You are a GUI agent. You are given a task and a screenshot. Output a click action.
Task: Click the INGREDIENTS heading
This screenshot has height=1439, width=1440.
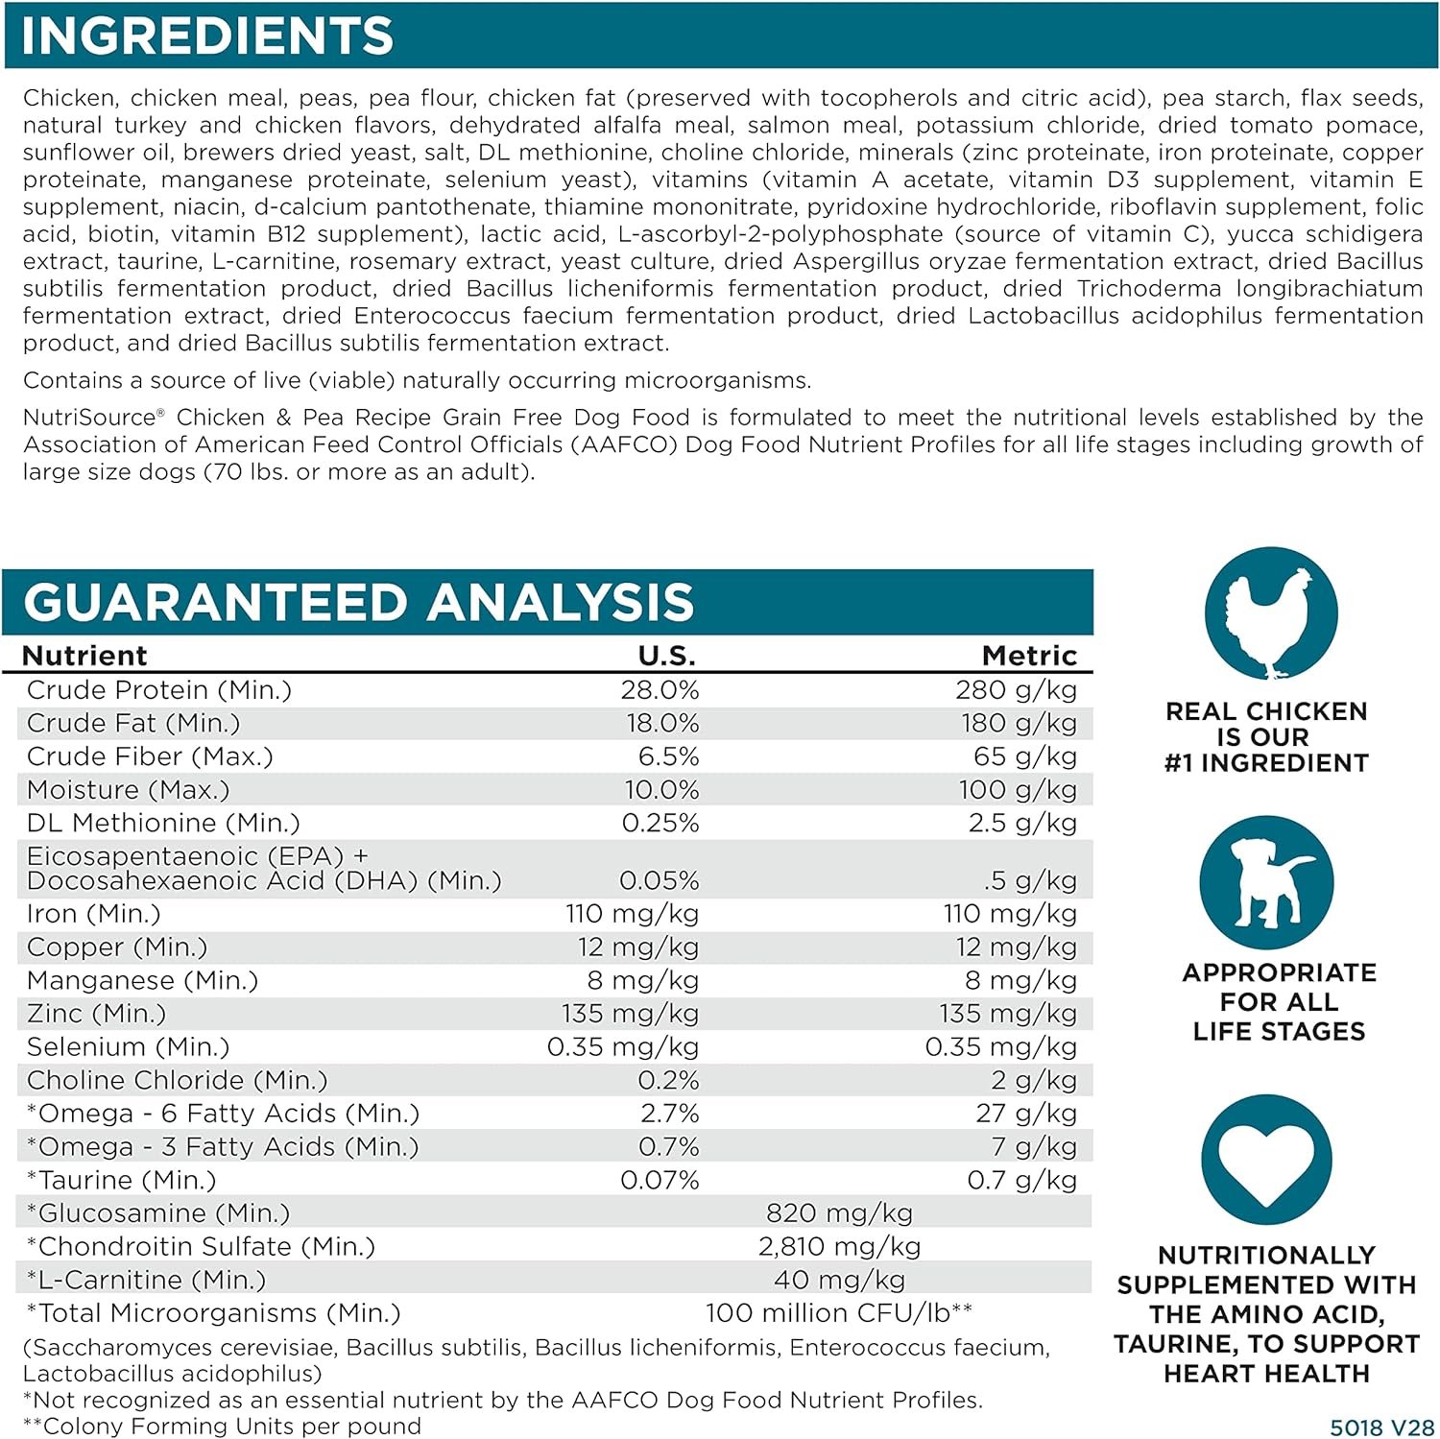(x=207, y=36)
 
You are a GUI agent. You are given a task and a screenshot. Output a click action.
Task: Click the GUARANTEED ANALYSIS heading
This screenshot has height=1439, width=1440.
(x=358, y=603)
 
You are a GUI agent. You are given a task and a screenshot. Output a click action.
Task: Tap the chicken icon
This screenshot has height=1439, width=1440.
(x=1271, y=613)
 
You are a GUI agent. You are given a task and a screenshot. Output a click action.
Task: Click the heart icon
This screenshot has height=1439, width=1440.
(x=1267, y=1160)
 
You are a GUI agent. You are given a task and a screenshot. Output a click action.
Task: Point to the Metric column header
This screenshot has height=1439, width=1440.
(x=1029, y=656)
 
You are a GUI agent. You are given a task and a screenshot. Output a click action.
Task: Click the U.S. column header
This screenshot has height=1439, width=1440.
(x=667, y=656)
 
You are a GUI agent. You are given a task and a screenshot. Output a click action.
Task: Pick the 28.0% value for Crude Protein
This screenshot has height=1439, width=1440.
(x=660, y=690)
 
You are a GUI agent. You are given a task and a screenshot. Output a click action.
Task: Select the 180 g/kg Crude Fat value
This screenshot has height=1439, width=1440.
(x=1019, y=723)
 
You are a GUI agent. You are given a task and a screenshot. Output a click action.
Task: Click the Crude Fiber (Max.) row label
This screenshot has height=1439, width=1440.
(x=150, y=756)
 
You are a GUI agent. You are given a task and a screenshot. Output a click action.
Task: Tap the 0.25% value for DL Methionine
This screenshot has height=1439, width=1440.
(x=660, y=823)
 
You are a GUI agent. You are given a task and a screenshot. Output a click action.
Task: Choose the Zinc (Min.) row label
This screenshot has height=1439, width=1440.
(x=96, y=1014)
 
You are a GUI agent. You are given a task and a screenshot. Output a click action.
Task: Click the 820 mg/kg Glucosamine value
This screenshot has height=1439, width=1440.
(x=839, y=1213)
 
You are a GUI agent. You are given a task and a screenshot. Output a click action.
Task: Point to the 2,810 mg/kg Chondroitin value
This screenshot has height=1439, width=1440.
(x=839, y=1247)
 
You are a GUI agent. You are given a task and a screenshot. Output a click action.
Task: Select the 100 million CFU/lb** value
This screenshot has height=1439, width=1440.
(x=839, y=1313)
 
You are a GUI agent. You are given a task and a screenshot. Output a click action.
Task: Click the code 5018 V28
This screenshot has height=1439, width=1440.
(x=1381, y=1427)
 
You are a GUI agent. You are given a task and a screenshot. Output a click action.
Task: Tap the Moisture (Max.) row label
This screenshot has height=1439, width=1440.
(x=129, y=790)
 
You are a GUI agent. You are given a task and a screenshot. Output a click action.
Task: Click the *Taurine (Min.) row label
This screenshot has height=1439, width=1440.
(x=122, y=1180)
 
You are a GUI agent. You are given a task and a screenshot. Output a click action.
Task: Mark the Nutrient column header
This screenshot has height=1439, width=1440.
(x=84, y=656)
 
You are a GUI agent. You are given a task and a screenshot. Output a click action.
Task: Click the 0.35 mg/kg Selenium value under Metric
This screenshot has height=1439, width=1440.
(x=1000, y=1047)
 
